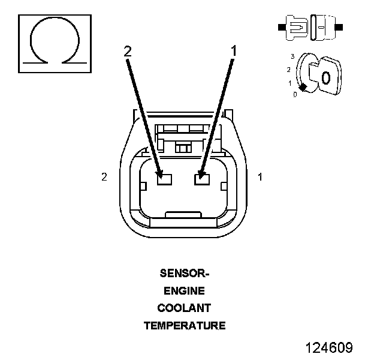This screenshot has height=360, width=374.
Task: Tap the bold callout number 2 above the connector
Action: (x=127, y=52)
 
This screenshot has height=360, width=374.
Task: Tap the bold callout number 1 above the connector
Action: (x=234, y=52)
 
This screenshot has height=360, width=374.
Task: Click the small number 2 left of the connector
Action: (x=104, y=177)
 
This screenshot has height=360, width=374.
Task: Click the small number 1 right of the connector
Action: (x=260, y=177)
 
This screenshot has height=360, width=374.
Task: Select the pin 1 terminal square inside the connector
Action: (x=201, y=178)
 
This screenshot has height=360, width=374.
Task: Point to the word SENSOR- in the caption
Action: (x=185, y=274)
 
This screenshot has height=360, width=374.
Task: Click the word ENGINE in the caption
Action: (x=185, y=291)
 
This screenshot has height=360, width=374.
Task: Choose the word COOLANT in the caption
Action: (x=185, y=308)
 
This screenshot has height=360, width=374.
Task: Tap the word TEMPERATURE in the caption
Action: (x=185, y=326)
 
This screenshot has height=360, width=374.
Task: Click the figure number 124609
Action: (x=328, y=348)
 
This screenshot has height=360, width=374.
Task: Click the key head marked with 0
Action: (x=325, y=77)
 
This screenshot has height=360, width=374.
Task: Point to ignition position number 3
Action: (x=292, y=56)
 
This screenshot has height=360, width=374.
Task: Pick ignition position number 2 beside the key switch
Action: (x=289, y=70)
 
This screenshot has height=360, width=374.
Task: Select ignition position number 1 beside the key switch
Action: (x=290, y=83)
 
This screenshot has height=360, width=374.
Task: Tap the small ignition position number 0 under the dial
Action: (x=295, y=94)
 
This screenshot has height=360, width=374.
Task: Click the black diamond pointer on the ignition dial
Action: (x=304, y=88)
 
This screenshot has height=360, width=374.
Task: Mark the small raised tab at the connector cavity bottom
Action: (x=183, y=214)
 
